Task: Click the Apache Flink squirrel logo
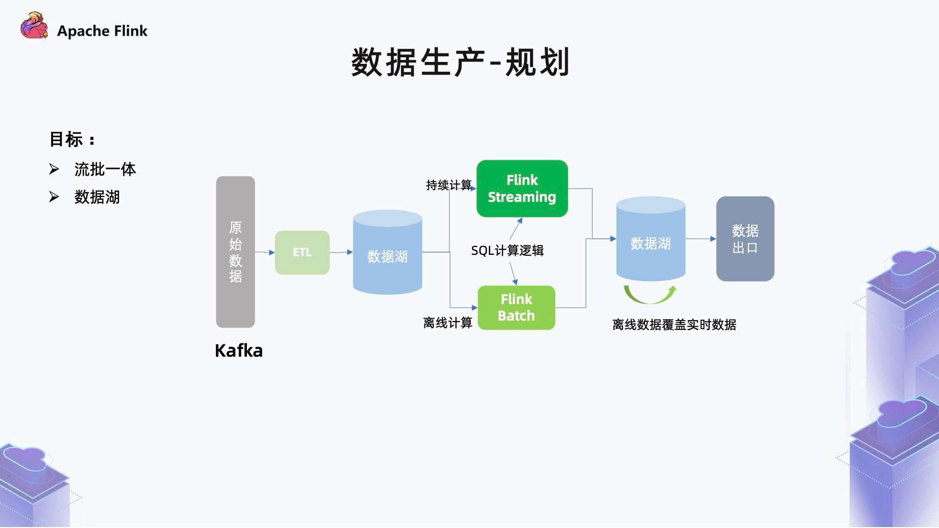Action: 34,25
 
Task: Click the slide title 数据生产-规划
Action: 461,62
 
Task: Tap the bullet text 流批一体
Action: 105,169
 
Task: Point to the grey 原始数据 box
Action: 235,252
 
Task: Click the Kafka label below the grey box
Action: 239,351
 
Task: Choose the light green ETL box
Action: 302,253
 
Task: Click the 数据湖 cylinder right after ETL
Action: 387,252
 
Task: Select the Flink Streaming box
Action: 522,189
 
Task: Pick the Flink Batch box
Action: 516,307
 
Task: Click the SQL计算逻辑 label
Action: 507,251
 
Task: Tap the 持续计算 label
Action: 449,185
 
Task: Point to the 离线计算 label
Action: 447,323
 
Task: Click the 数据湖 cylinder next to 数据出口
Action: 651,239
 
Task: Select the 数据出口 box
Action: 745,239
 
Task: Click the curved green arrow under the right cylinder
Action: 650,295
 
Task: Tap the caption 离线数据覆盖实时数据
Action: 674,324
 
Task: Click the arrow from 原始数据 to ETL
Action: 265,253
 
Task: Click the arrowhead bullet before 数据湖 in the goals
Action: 54,197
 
